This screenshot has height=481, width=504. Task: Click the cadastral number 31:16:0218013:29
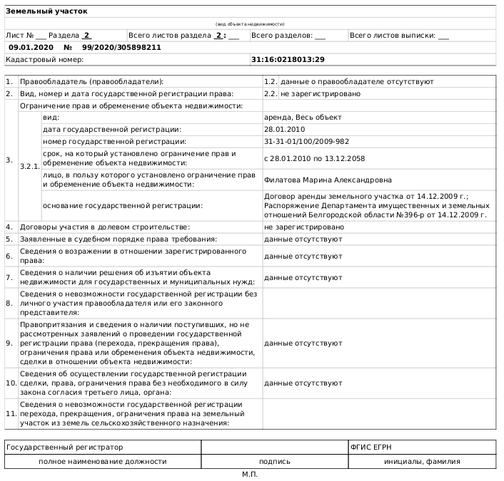[x=288, y=59]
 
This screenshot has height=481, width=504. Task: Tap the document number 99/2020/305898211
[x=121, y=47]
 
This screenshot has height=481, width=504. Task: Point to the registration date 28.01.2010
[x=284, y=129]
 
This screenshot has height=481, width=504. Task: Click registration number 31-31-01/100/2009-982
[x=306, y=141]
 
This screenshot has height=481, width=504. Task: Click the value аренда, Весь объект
[x=303, y=117]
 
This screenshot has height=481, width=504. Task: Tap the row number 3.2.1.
[x=30, y=165]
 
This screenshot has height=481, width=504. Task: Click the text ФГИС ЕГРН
[x=371, y=448]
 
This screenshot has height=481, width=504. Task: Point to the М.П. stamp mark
[x=249, y=474]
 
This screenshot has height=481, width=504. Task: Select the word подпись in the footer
[x=275, y=461]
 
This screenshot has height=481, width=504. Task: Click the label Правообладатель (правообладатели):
[x=91, y=82]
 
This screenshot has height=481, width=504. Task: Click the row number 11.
[x=11, y=413]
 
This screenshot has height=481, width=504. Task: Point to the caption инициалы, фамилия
[x=422, y=461]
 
